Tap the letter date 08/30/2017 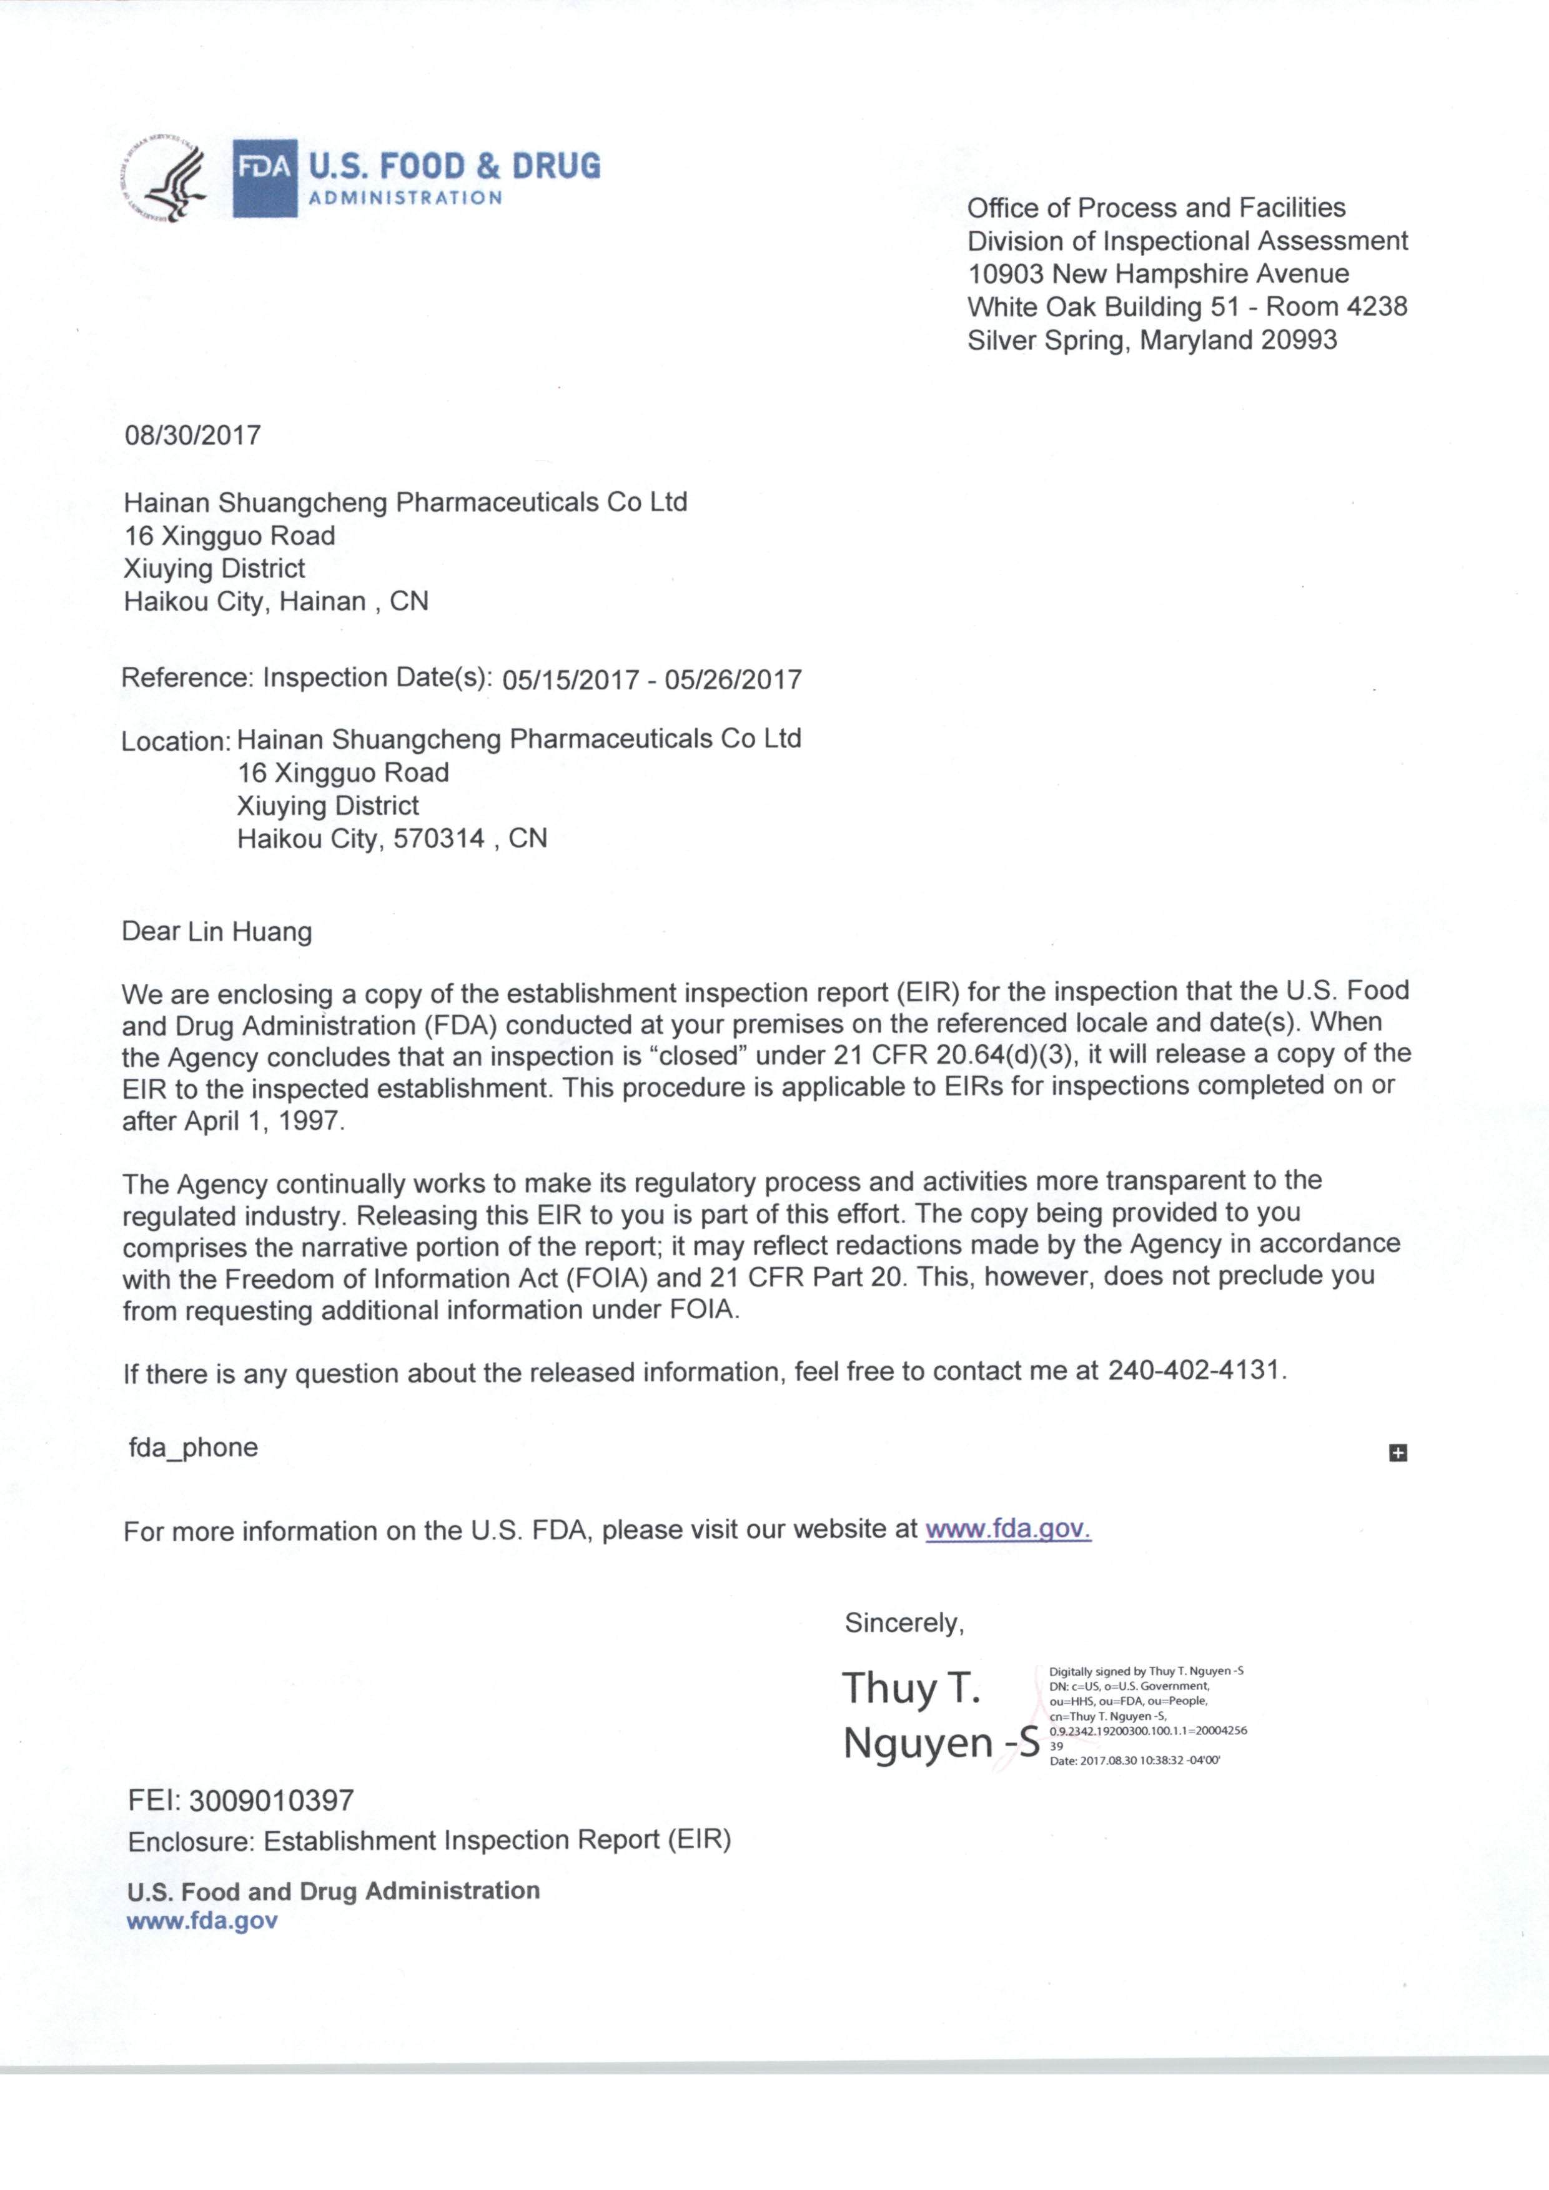pos(192,436)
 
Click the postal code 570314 pos(438,839)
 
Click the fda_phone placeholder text pos(194,1447)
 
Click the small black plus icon pos(1397,1453)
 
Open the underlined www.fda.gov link pos(1007,1529)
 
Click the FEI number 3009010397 pos(271,1801)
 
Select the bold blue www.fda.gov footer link pos(202,1921)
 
